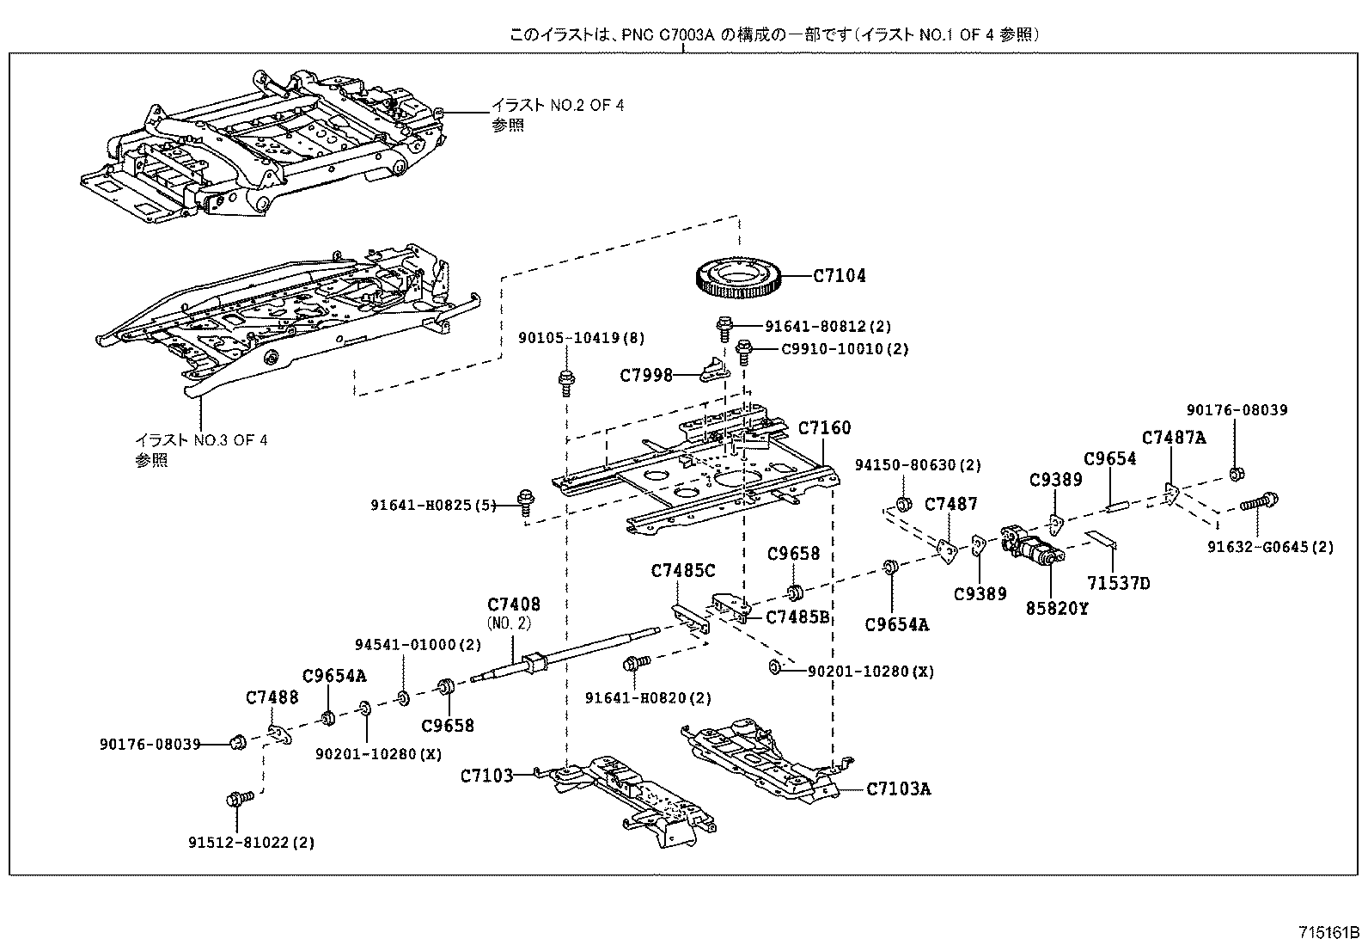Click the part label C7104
click(x=840, y=276)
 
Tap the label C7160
click(x=824, y=427)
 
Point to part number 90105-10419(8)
click(x=581, y=340)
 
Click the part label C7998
click(x=646, y=375)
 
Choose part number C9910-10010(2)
click(x=845, y=349)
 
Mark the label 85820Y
click(x=1057, y=609)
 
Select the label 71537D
click(x=1117, y=583)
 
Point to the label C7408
click(x=514, y=605)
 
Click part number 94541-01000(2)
click(x=418, y=644)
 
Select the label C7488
click(x=272, y=697)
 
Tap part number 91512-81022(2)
click(x=252, y=843)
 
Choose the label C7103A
click(x=898, y=789)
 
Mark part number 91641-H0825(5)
click(x=434, y=506)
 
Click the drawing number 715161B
click(x=1328, y=932)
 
